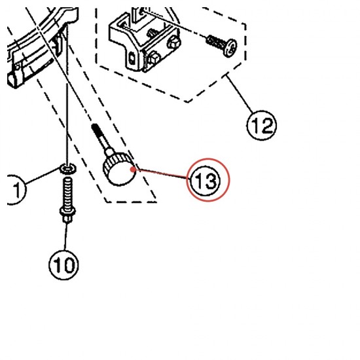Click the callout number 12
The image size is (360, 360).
(262, 126)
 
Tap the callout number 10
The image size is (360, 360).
(64, 264)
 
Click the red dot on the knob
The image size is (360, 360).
(133, 170)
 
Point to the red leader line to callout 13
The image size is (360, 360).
(162, 173)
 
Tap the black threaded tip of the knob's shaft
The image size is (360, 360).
(95, 130)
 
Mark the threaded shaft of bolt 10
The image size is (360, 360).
(67, 193)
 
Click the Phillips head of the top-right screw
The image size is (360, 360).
(230, 48)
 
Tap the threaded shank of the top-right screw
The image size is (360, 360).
(215, 43)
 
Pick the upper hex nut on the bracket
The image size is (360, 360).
(175, 43)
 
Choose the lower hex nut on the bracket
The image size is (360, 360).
(153, 58)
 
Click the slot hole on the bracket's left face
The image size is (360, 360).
(132, 58)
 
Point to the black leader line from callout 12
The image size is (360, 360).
(240, 94)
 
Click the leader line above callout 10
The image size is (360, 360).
(66, 236)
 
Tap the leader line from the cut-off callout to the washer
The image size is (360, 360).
(43, 175)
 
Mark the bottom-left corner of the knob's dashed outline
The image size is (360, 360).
(106, 202)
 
